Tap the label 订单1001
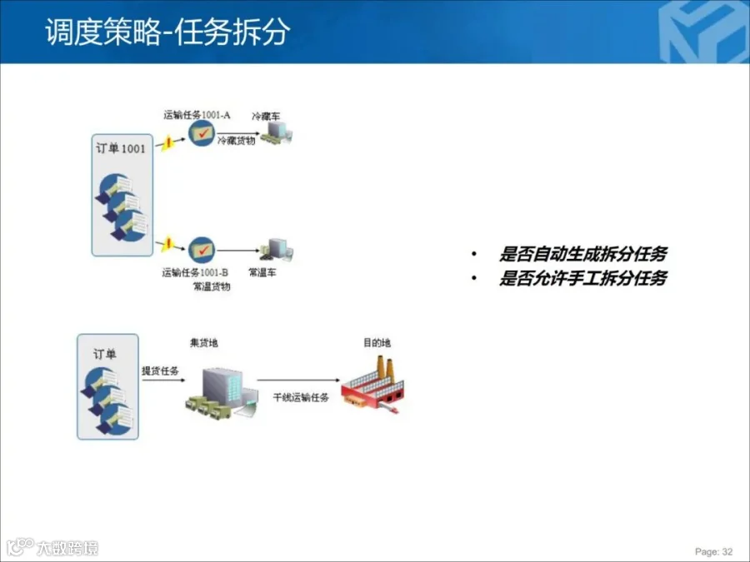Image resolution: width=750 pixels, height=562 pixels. click(121, 149)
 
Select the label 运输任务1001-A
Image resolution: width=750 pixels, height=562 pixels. click(197, 114)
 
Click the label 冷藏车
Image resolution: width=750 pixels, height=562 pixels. click(266, 117)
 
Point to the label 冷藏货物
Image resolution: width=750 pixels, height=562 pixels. click(237, 142)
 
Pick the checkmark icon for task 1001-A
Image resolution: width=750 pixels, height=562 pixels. click(201, 133)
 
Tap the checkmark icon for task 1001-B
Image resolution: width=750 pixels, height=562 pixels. click(202, 249)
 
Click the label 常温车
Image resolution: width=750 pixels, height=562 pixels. click(262, 272)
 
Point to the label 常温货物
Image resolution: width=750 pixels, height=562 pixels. click(212, 286)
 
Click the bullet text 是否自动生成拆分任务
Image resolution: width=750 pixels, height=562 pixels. click(582, 255)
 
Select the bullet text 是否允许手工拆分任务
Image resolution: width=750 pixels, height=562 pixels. click(582, 279)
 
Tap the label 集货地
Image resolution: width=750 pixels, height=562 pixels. click(204, 342)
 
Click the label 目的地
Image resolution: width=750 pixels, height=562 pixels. click(376, 342)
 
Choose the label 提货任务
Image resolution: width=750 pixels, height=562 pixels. click(160, 371)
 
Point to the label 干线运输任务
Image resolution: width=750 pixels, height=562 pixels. click(301, 398)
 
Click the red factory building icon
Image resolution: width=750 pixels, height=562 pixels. click(377, 385)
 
